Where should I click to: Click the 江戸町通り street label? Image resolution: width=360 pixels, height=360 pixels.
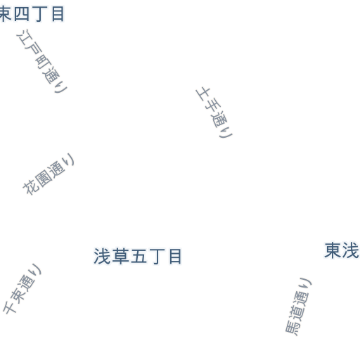(x=42, y=61)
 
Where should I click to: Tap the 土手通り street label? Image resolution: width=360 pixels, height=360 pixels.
(x=214, y=112)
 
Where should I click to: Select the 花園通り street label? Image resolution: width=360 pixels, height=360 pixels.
(x=49, y=174)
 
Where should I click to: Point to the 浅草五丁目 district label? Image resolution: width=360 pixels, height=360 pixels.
(x=138, y=257)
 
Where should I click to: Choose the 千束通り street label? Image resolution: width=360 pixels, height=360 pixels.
(x=22, y=288)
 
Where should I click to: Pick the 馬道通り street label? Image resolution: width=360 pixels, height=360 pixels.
(x=298, y=307)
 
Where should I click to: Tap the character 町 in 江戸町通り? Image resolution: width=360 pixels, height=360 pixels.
(x=44, y=62)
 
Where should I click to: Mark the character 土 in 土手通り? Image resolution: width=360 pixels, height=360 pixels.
(x=203, y=94)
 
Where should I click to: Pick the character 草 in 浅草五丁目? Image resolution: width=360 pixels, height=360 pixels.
(x=120, y=257)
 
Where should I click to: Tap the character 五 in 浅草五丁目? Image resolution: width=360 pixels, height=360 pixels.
(x=139, y=257)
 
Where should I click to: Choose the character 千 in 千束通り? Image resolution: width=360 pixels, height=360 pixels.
(x=10, y=307)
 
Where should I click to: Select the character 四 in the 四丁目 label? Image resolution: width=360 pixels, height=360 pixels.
(x=22, y=14)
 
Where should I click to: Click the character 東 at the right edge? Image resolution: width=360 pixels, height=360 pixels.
(x=333, y=250)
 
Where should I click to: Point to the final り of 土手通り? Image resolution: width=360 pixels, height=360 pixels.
(x=226, y=133)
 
